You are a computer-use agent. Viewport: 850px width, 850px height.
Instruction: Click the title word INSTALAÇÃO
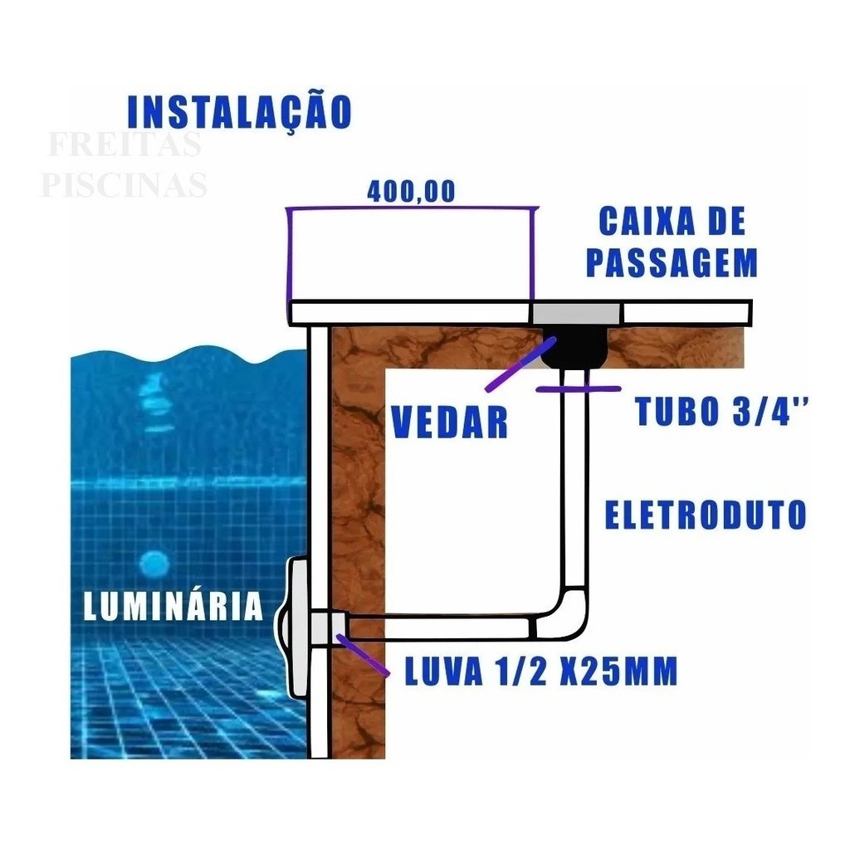click(x=240, y=112)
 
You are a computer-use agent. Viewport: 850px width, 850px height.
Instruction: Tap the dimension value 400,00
click(x=411, y=191)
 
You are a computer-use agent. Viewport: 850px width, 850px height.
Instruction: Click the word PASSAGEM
click(x=672, y=263)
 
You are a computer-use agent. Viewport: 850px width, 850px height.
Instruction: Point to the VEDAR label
click(x=449, y=422)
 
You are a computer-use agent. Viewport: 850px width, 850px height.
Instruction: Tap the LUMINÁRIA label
click(x=173, y=606)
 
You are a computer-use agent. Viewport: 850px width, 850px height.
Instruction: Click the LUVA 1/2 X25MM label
click(x=541, y=671)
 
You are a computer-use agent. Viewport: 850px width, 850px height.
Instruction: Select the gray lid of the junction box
click(x=576, y=313)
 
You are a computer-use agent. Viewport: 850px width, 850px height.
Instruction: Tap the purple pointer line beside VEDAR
click(x=521, y=364)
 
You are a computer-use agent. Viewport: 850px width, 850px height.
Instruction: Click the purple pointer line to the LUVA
click(x=362, y=655)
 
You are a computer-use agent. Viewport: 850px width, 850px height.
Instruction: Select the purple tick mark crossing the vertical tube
click(x=578, y=388)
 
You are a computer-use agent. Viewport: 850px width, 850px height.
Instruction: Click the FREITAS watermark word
click(x=125, y=144)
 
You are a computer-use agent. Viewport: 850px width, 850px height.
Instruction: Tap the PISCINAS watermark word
click(x=125, y=184)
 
